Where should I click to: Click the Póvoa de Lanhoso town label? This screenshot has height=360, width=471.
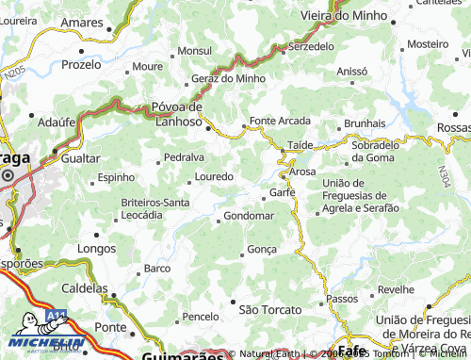tap(178, 113)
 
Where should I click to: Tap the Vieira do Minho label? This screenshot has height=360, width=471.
tap(337, 15)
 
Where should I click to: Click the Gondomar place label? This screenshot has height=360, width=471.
tap(249, 216)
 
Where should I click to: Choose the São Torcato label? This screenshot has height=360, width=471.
tap(270, 309)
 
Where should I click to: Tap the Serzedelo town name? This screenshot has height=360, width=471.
tap(312, 45)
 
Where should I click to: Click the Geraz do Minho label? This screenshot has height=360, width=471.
tap(229, 78)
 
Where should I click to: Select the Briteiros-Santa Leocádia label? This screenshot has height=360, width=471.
tap(155, 208)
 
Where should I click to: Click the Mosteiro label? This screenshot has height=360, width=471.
tap(428, 44)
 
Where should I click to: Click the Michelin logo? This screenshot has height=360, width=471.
tap(47, 343)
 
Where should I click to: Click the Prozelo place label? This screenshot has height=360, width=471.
tap(81, 65)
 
